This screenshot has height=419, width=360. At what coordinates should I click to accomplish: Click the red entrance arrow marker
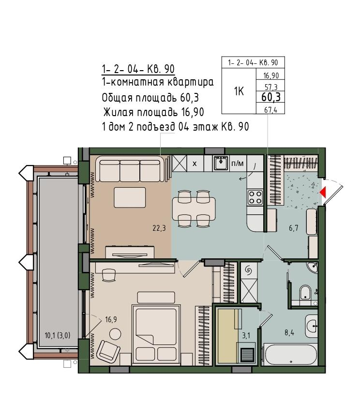click(x=323, y=192)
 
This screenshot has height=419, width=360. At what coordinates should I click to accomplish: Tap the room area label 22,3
click(x=159, y=228)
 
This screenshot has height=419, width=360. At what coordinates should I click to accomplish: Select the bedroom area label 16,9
click(x=111, y=319)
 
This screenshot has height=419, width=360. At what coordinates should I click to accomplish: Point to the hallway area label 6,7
click(x=293, y=228)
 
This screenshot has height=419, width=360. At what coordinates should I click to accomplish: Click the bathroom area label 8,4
click(x=289, y=333)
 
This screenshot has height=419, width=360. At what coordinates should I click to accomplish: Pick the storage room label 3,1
click(x=246, y=335)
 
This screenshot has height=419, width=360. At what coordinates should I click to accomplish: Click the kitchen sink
click(x=221, y=163)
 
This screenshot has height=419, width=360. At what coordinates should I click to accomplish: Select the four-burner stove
click(x=255, y=197)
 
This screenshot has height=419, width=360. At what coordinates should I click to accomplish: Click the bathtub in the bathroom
click(x=290, y=354)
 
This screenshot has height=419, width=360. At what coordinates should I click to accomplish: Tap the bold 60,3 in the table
click(x=271, y=97)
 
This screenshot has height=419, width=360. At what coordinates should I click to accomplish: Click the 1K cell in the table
click(x=239, y=91)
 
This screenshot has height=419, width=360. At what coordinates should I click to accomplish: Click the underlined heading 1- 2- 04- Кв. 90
click(x=138, y=69)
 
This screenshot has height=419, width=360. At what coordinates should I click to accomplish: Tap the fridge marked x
click(x=195, y=163)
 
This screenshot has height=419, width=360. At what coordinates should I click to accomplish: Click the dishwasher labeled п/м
click(x=237, y=163)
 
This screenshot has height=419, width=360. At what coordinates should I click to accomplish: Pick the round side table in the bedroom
click(x=115, y=334)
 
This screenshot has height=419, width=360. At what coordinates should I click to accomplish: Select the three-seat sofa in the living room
click(x=130, y=169)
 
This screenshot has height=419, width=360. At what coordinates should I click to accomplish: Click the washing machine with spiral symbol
click(x=249, y=270)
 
